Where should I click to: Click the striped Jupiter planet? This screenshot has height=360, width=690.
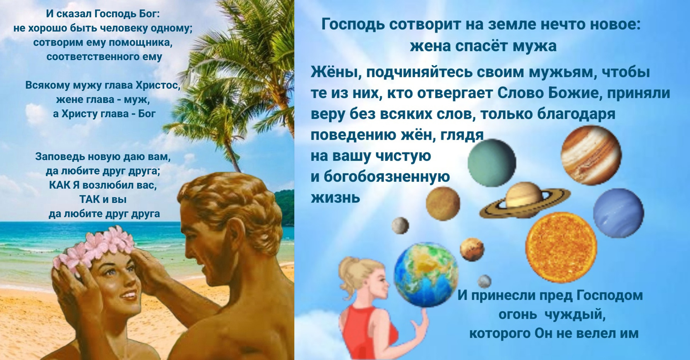click(x=591, y=155)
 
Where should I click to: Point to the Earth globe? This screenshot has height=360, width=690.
click(x=426, y=275)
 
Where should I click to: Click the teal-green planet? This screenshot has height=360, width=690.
click(x=492, y=163)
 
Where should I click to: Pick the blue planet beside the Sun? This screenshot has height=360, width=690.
click(x=618, y=213)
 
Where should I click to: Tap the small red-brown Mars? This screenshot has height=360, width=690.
click(x=472, y=249)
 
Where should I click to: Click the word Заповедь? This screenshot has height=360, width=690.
click(x=60, y=157)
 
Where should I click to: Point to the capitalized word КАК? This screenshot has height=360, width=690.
click(x=59, y=185)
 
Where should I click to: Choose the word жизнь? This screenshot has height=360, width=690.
click(x=336, y=198)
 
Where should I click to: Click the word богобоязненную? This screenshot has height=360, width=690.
click(x=387, y=177)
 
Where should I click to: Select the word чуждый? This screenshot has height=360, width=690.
click(x=575, y=315)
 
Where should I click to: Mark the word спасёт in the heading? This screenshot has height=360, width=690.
click(x=481, y=46)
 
